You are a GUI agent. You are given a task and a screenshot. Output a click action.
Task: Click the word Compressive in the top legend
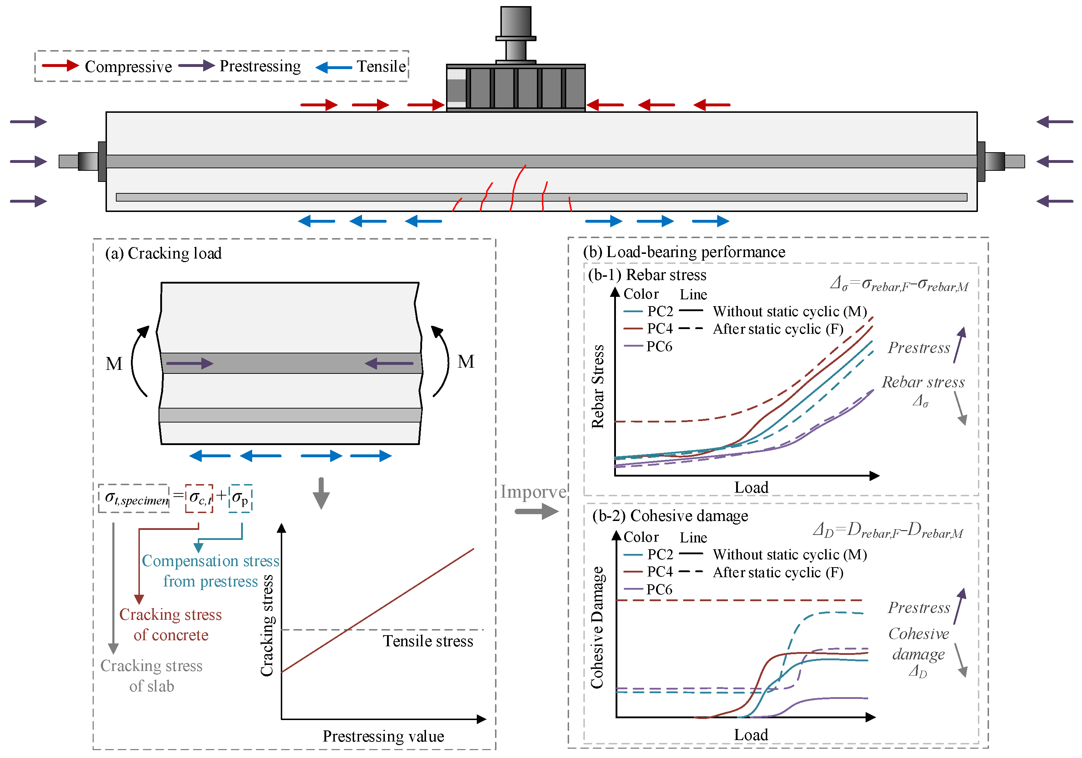[x=128, y=67]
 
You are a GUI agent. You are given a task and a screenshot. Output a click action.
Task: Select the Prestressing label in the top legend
[x=260, y=66]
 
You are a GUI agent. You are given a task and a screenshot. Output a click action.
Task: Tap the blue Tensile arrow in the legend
[x=334, y=67]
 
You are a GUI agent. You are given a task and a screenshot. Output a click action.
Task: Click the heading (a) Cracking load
[x=163, y=253]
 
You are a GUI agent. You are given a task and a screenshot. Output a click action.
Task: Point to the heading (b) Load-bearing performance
[x=684, y=252]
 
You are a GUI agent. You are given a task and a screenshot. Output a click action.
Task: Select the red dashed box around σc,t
[x=199, y=498]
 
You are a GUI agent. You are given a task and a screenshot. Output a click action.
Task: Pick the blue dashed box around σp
[x=240, y=498]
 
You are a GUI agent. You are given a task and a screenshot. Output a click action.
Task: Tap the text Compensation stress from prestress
[x=211, y=571]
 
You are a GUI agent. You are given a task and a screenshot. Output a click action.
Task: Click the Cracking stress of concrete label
[x=170, y=624]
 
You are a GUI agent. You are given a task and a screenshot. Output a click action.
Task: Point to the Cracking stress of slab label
[x=151, y=675]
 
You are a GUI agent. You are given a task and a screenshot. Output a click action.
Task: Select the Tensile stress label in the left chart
[x=428, y=641]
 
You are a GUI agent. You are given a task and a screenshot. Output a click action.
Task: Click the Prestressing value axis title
[x=383, y=736]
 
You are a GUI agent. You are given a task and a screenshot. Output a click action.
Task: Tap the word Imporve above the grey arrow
[x=533, y=492]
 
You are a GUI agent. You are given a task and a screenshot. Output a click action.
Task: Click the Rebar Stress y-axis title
[x=598, y=386]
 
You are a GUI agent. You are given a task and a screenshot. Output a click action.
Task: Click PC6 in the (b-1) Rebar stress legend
[x=659, y=347]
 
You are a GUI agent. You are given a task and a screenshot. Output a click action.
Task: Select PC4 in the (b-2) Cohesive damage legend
[x=660, y=572]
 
